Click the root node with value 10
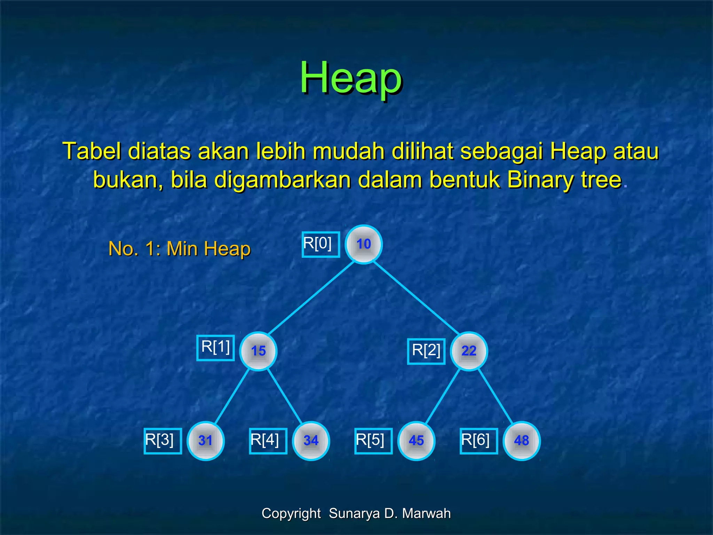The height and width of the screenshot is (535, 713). (x=363, y=244)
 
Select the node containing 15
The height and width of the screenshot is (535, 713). (x=258, y=351)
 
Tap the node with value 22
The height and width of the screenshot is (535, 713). (x=469, y=351)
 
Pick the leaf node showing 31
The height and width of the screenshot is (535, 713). (x=205, y=441)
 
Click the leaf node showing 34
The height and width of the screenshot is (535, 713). (x=311, y=441)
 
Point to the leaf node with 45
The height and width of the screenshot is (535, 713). (x=416, y=441)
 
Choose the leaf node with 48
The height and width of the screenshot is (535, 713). (x=522, y=441)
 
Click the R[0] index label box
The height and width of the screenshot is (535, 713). (x=321, y=244)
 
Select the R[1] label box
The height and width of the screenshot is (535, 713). (x=216, y=348)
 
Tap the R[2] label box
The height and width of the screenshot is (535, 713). (x=426, y=351)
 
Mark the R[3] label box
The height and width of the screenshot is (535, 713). (x=163, y=441)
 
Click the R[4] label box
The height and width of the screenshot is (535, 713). (x=268, y=441)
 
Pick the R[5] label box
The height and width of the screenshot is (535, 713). (x=373, y=441)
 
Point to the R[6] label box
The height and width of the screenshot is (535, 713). (x=479, y=441)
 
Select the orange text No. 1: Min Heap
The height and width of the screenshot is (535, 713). (x=179, y=249)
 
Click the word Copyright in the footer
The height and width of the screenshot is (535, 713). (x=291, y=513)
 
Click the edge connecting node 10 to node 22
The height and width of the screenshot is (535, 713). (x=416, y=297)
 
